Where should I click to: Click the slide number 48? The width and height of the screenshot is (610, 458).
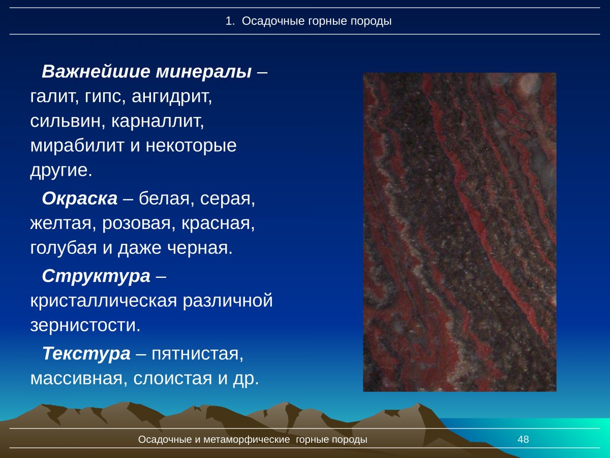pos(523,439)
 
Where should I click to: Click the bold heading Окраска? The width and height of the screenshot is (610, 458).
pos(79,198)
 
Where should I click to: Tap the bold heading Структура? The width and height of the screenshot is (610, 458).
pos(96,276)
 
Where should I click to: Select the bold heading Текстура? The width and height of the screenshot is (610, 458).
pos(86,353)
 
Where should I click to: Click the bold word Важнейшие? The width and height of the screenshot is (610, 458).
pos(95,71)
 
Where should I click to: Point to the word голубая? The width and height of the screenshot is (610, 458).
pos(66,248)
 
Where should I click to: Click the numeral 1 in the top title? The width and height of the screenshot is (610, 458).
pos(228,21)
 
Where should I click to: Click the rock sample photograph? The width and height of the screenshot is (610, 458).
pos(459,232)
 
